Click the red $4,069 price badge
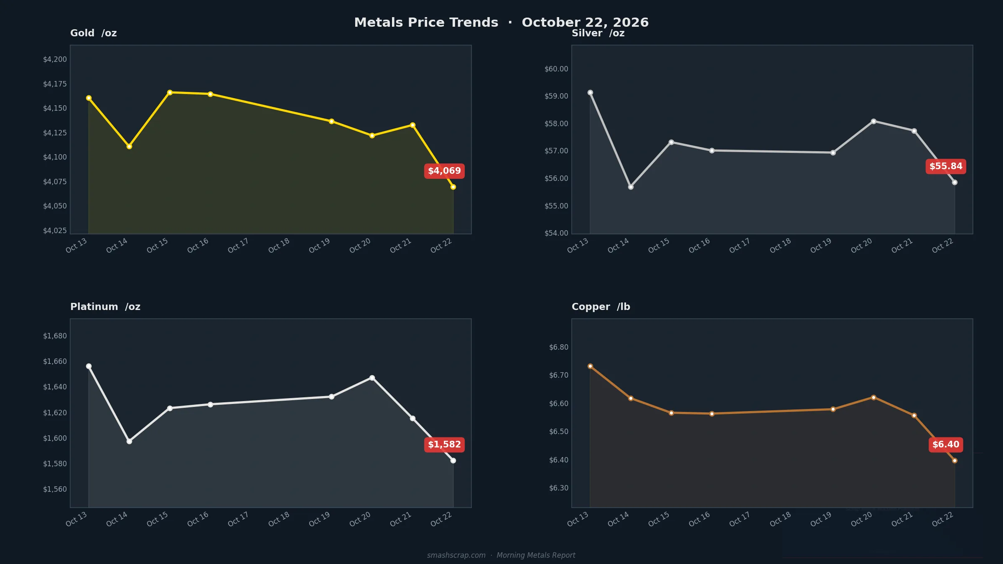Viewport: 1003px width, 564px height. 444,171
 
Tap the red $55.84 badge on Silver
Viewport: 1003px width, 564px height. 946,166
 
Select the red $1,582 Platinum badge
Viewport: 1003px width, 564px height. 444,445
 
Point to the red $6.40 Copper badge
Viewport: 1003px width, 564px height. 946,445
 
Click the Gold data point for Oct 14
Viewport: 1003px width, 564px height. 129,146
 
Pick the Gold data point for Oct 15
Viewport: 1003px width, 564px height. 170,92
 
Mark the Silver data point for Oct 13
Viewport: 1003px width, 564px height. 590,92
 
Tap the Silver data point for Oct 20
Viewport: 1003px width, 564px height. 873,121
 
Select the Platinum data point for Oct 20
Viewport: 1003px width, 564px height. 372,378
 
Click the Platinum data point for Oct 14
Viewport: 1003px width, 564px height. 129,441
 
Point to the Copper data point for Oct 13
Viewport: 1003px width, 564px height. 590,366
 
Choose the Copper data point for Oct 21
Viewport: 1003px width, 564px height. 914,415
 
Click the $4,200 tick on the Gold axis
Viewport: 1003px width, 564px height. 55,59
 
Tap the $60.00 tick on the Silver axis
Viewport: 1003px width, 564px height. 556,69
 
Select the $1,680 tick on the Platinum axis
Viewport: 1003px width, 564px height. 55,336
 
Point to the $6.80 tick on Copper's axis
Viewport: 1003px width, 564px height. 559,347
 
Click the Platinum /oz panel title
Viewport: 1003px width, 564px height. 105,307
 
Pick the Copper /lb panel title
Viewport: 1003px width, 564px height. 601,307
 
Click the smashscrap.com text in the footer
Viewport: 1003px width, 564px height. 456,555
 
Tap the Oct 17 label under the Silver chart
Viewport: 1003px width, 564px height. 739,246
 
